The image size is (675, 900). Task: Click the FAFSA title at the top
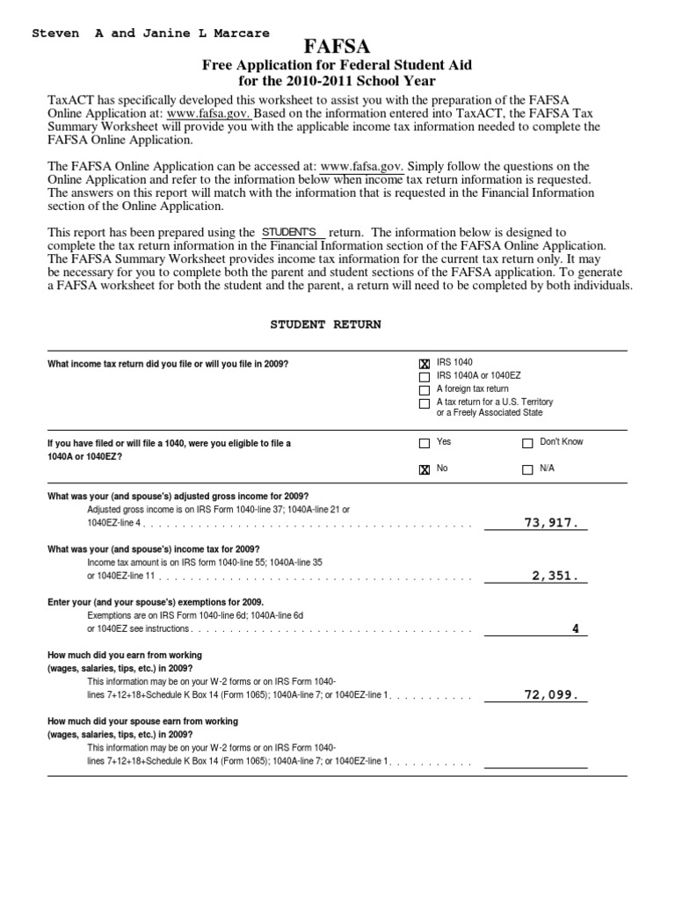point(337,46)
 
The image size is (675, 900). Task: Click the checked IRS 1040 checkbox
point(425,363)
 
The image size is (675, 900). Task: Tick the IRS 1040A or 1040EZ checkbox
point(425,376)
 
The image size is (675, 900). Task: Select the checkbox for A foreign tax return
point(425,389)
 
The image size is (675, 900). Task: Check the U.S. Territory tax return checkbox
point(425,403)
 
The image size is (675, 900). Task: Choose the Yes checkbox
point(425,443)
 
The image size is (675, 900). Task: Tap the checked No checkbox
point(425,469)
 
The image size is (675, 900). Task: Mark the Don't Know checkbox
point(527,443)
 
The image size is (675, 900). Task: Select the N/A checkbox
point(527,469)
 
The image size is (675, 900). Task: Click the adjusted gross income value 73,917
point(551,522)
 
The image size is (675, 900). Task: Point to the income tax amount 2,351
point(555,576)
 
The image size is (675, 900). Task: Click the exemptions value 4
point(576,628)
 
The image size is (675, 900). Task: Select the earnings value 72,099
point(551,694)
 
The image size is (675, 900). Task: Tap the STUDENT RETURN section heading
point(325,324)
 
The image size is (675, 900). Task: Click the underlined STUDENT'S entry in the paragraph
point(289,230)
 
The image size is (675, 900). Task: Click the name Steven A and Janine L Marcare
point(150,33)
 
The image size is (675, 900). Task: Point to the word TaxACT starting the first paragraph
point(69,100)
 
